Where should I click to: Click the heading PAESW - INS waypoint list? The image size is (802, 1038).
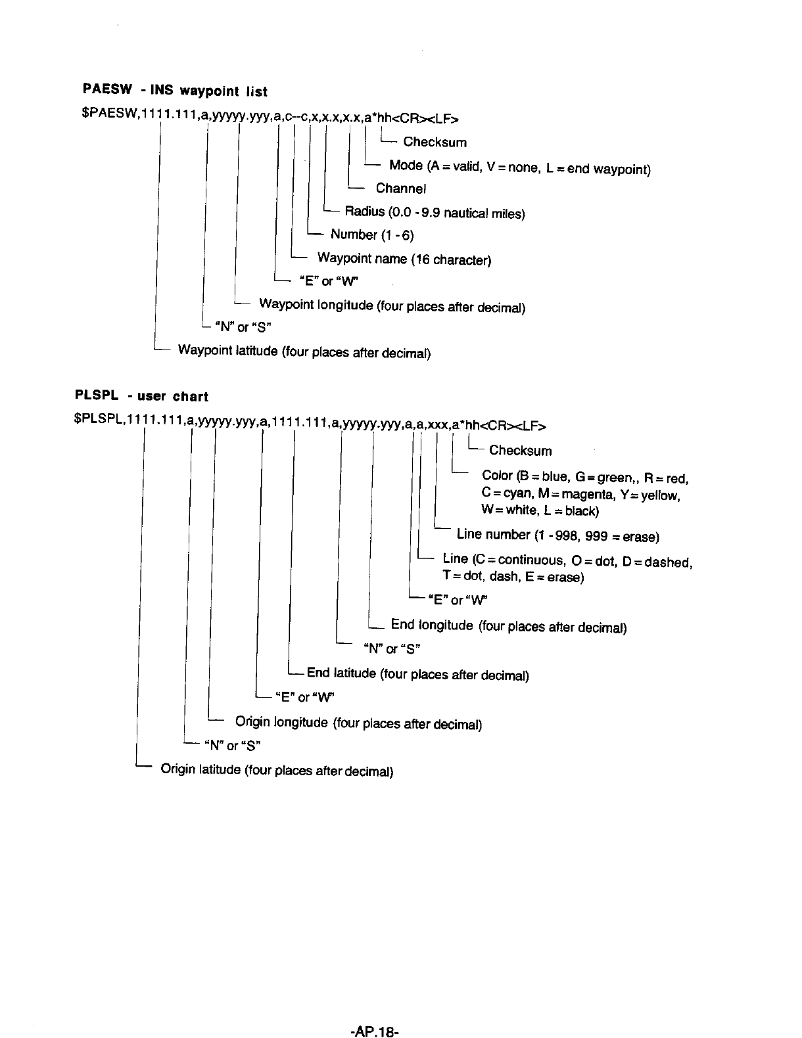click(175, 91)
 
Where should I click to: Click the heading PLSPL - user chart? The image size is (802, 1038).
click(141, 396)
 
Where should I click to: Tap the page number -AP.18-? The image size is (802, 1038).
click(375, 1013)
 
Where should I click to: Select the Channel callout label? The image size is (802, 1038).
click(401, 189)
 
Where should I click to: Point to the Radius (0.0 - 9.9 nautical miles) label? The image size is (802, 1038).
click(435, 213)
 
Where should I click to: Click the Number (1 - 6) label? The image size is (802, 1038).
click(372, 235)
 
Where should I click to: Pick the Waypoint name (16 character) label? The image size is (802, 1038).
click(404, 259)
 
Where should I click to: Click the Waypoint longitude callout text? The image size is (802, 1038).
click(392, 306)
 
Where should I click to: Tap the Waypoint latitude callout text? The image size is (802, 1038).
click(304, 352)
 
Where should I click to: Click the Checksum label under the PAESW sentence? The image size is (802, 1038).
click(435, 142)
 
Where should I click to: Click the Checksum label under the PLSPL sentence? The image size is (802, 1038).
click(520, 451)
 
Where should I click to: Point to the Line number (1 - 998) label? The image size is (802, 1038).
click(557, 535)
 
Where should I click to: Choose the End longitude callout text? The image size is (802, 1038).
click(508, 626)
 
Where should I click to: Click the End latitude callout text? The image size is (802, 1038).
click(417, 674)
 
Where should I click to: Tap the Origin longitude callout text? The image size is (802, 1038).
click(358, 723)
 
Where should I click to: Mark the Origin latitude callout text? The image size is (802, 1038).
click(277, 770)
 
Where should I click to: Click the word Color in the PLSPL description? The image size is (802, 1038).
click(497, 476)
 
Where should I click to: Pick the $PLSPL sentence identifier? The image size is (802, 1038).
click(100, 424)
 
